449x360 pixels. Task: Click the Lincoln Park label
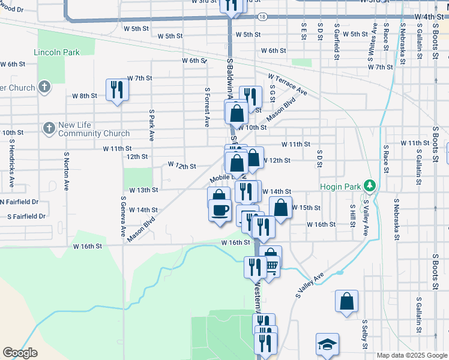(x=57, y=52)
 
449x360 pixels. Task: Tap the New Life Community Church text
(x=94, y=130)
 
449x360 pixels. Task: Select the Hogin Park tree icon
(x=371, y=186)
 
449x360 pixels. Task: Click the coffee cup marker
(x=220, y=210)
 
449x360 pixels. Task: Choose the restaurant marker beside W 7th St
(x=116, y=89)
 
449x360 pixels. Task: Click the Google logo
(x=20, y=353)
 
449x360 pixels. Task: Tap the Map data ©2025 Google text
(x=412, y=356)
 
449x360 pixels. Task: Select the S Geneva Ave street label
(x=122, y=217)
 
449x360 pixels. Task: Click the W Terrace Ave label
(x=288, y=85)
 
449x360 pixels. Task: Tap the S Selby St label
(x=364, y=333)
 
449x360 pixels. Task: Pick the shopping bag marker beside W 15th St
(x=280, y=208)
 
